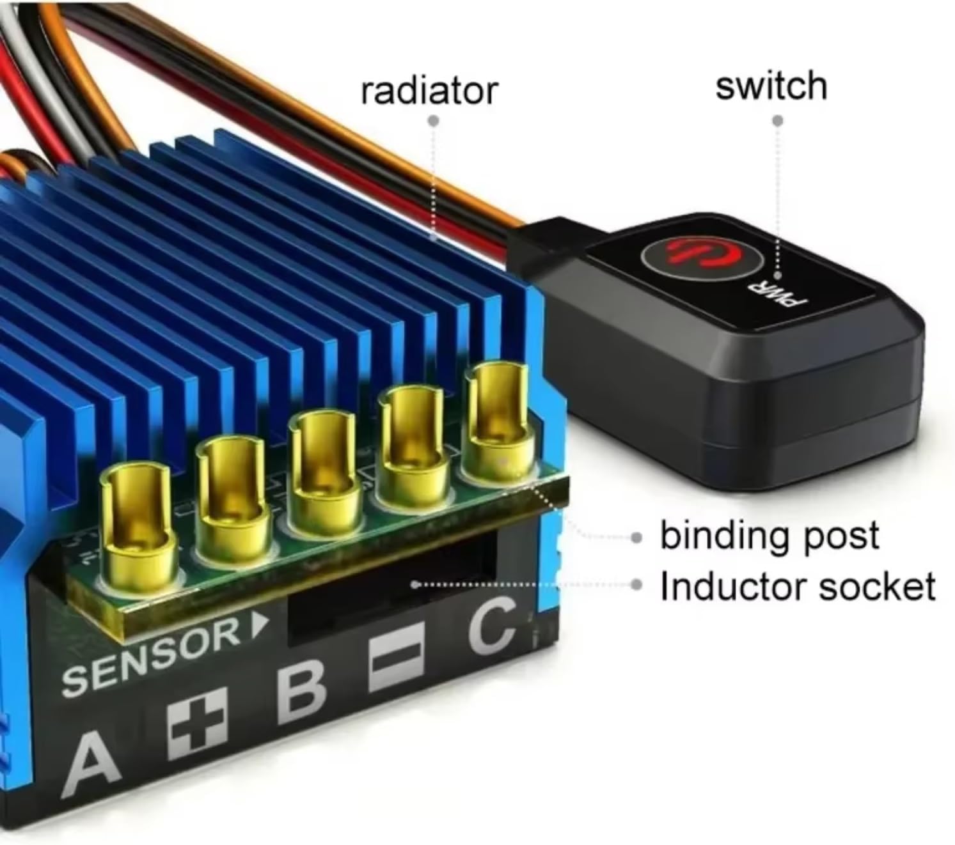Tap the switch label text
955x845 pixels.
771,86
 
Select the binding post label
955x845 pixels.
770,536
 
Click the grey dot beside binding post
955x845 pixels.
637,538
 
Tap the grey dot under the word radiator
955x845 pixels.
434,121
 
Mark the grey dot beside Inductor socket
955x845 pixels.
637,585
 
